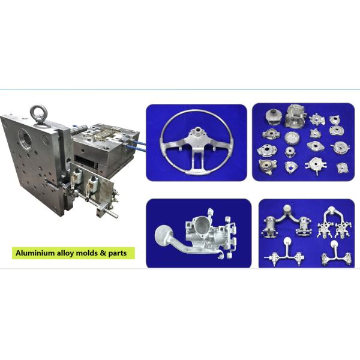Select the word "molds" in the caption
(x=90, y=253)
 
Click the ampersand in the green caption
(x=107, y=253)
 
